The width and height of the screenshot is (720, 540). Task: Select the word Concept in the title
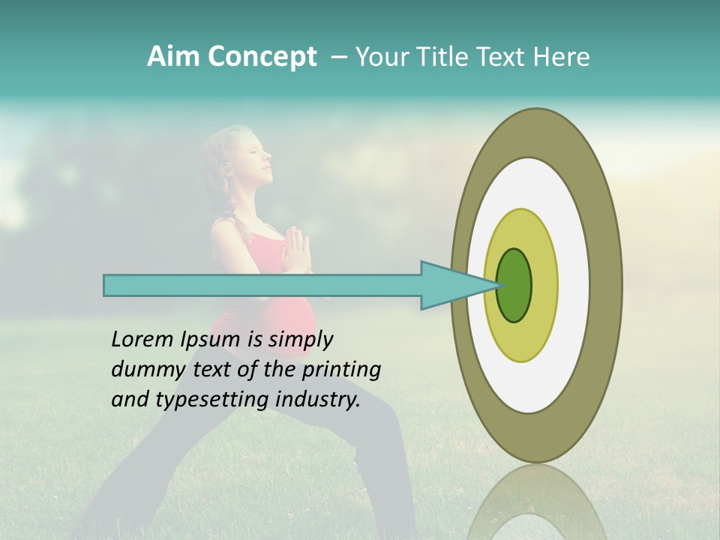[263, 57]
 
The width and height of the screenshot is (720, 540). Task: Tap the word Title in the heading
[448, 57]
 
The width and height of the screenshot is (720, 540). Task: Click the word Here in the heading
[562, 57]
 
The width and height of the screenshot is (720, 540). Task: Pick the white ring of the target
[574, 285]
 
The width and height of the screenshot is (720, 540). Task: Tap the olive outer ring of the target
[607, 285]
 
